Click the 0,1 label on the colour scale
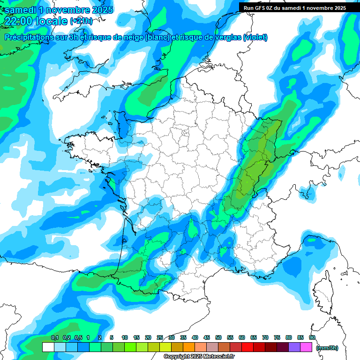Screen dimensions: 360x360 (55, 338)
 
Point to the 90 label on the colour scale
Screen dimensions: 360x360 (312, 338)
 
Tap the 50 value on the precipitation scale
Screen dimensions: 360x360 (218, 338)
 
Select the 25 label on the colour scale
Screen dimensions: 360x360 (160, 338)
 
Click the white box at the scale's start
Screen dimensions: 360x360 (48, 347)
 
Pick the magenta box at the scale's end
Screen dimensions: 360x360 (306, 347)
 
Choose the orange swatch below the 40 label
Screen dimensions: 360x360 (189, 347)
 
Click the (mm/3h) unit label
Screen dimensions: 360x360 (327, 348)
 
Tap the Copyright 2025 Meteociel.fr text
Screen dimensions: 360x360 (199, 357)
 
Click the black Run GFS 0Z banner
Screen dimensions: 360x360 (293, 7)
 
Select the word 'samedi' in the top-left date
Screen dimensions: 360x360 (20, 10)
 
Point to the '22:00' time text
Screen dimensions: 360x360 (19, 21)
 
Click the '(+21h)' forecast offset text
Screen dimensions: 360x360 (81, 21)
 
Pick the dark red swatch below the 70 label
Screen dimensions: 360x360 (271, 347)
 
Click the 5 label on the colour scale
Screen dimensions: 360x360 (112, 338)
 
